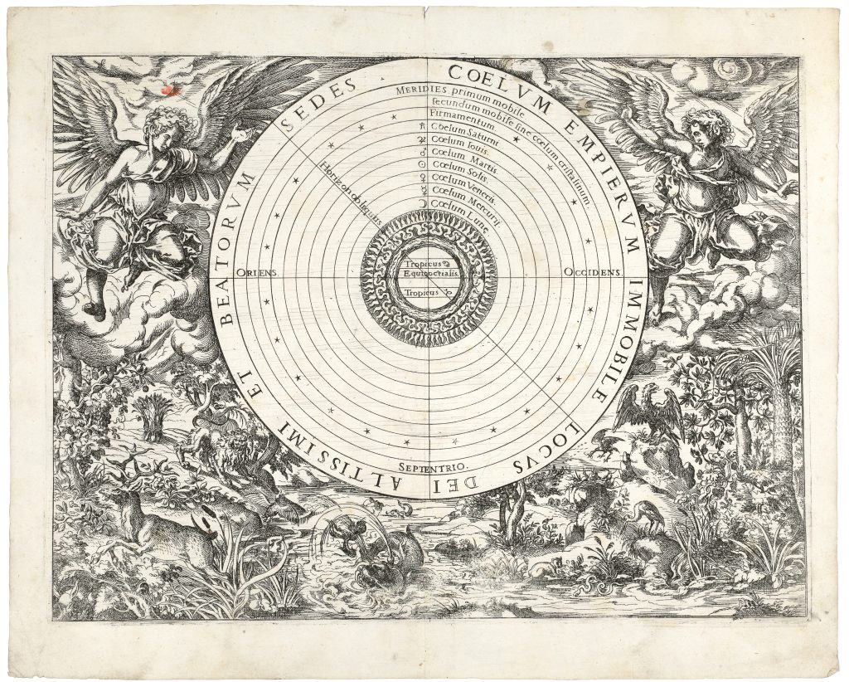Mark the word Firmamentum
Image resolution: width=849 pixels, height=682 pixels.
(456, 124)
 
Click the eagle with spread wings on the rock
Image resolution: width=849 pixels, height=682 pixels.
(648, 412)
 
